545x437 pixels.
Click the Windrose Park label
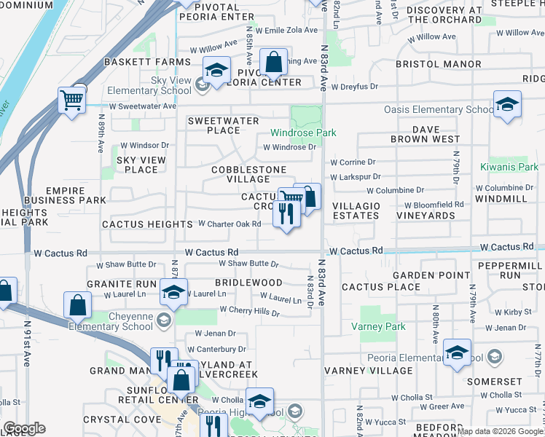coord(303,133)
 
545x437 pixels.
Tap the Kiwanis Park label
coord(509,168)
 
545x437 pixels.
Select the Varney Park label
coord(383,327)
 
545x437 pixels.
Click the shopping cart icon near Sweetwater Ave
coord(71,100)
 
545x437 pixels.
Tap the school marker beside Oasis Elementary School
coord(507,104)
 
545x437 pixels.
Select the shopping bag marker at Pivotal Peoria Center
coord(274,63)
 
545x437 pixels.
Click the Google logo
coord(23,428)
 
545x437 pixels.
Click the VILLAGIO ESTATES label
coord(356,211)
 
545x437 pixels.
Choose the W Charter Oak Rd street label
coord(229,224)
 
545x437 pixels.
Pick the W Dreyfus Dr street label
coord(353,87)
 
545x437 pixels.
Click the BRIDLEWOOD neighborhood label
coord(248,282)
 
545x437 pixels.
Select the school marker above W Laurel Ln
coord(173,292)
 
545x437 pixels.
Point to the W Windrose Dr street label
coord(289,147)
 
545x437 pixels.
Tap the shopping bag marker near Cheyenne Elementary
coord(77,306)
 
